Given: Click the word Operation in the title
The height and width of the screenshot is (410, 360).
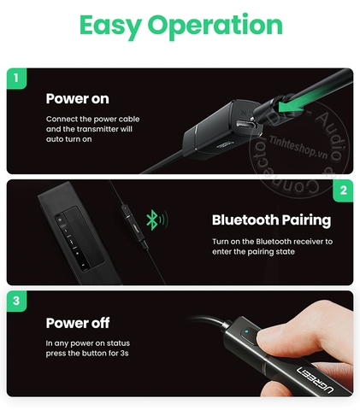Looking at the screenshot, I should click(215, 26).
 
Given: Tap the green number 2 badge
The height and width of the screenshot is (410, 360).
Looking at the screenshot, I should click(344, 190).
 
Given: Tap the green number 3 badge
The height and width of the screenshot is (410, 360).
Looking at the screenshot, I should click(14, 301).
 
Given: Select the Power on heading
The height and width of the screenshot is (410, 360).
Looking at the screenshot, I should click(78, 98).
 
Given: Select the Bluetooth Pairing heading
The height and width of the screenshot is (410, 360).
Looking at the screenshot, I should click(271, 220).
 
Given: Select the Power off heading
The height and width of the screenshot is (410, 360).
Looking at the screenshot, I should click(78, 323).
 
